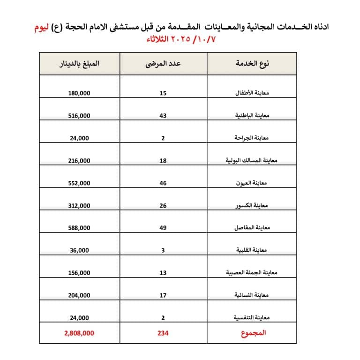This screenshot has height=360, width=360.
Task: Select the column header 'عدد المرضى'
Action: pos(163,64)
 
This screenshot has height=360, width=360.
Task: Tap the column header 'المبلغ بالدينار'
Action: pos(78,64)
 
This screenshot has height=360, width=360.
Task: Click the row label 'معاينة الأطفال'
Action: pos(251,93)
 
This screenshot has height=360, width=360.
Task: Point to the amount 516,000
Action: pos(78,116)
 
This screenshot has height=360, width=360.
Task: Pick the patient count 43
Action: pos(163,116)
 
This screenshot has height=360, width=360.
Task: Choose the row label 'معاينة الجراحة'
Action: pos(251,138)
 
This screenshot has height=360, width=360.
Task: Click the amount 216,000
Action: pos(78,161)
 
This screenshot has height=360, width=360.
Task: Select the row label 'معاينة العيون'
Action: pos(252,183)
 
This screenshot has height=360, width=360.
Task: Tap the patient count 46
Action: pos(163,183)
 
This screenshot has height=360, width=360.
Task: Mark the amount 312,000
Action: pos(78,206)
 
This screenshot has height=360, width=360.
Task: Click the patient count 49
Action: pos(163,228)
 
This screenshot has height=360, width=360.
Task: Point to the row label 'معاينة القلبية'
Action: pos(252,250)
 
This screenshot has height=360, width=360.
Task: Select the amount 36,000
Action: pos(78,250)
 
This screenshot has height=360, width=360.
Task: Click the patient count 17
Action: pos(163,295)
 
